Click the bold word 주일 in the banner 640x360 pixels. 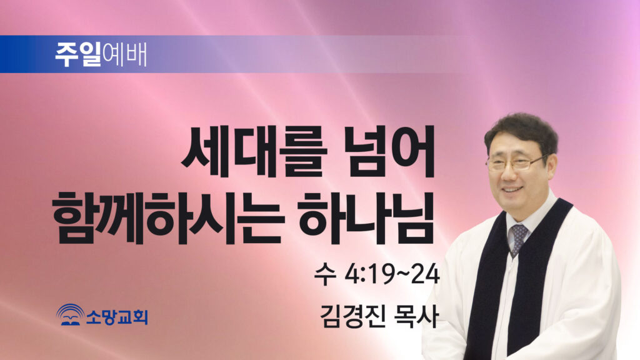(78, 55)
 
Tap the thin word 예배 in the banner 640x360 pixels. (124, 55)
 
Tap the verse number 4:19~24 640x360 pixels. (392, 275)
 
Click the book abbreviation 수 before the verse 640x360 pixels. (325, 275)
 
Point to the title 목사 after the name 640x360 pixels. (415, 316)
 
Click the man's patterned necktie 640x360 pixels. (517, 239)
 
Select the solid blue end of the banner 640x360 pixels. (16, 54)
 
